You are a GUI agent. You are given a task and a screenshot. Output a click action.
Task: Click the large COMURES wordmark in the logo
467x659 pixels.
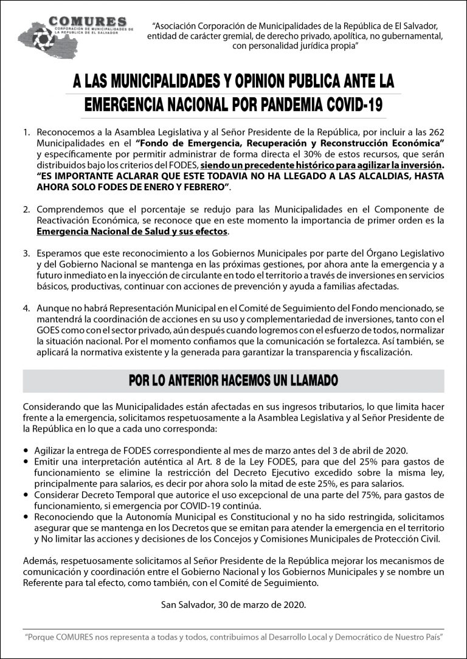pos(81,22)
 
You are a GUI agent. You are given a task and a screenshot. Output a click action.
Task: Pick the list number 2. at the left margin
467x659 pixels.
pos(27,209)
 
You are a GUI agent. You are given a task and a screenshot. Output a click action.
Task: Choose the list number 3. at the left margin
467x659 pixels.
pos(27,253)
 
